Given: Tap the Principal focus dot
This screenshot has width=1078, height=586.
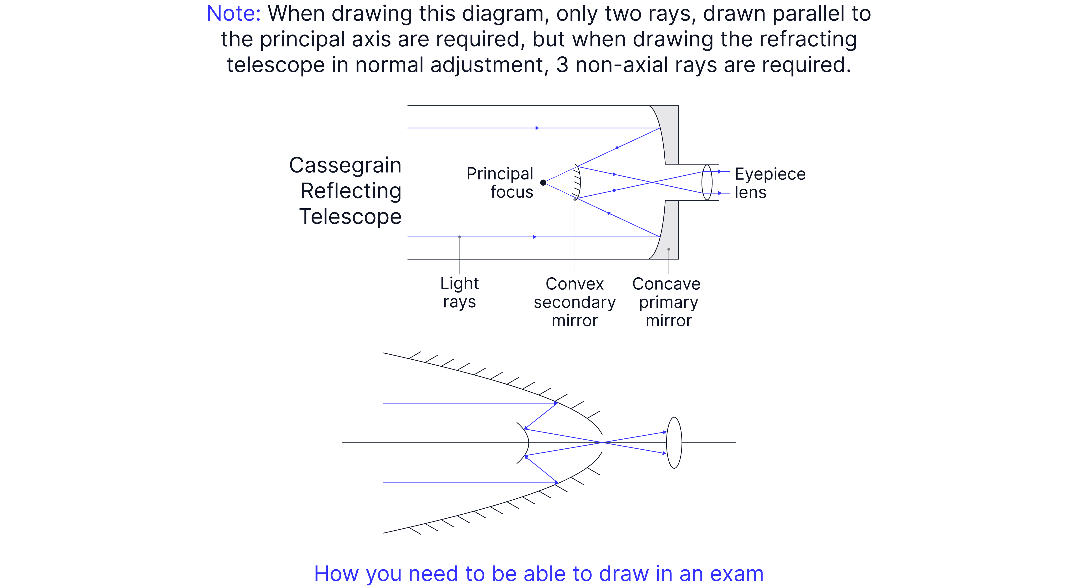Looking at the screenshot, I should point(543,182).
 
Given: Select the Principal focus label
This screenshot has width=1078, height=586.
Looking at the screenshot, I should point(500,183).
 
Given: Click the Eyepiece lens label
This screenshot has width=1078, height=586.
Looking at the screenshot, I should point(770,183).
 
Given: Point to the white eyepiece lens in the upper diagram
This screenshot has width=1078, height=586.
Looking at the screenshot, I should point(707,182).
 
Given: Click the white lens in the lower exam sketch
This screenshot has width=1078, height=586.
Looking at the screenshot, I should point(674,442).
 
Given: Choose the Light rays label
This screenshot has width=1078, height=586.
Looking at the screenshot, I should point(460,292).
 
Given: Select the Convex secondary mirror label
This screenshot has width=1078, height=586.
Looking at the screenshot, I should point(575,302).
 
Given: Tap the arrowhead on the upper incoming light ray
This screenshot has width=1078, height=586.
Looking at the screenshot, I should point(537,128).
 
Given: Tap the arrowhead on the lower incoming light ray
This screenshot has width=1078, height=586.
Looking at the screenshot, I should point(534,237).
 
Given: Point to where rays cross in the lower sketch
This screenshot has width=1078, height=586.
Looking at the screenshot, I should point(602,442).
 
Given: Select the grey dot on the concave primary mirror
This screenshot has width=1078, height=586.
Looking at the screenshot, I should point(669,249).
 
